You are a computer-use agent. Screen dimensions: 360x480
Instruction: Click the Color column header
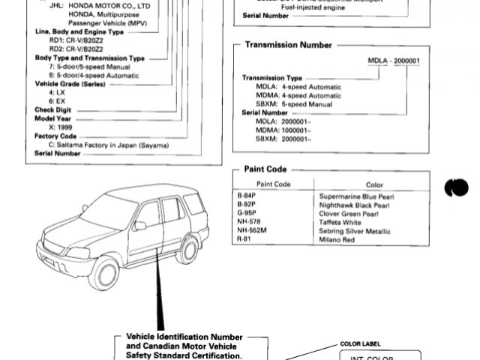point(374,184)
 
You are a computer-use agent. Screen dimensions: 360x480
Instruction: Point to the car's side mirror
point(139,225)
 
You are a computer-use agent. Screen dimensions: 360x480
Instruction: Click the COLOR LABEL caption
point(361,343)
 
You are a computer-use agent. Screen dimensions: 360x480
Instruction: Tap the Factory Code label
point(56,136)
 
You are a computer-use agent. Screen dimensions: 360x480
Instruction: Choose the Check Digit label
point(53,109)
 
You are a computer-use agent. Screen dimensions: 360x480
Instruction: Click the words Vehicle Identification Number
point(178,336)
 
